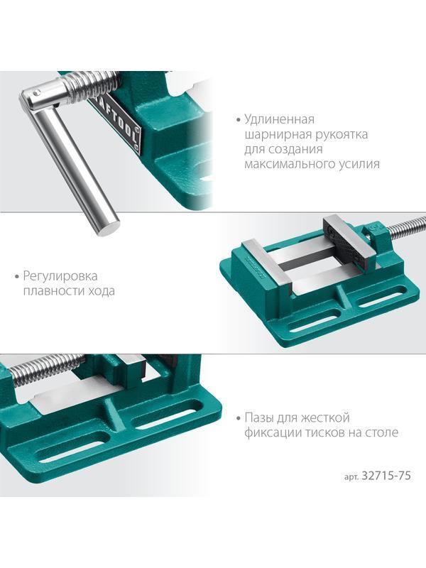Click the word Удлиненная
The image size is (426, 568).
pyautogui.click(x=278, y=119)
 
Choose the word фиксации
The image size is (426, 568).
pyautogui.click(x=271, y=432)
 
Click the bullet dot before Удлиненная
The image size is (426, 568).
pyautogui.click(x=236, y=119)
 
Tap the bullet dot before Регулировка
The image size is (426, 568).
pyautogui.click(x=16, y=275)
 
